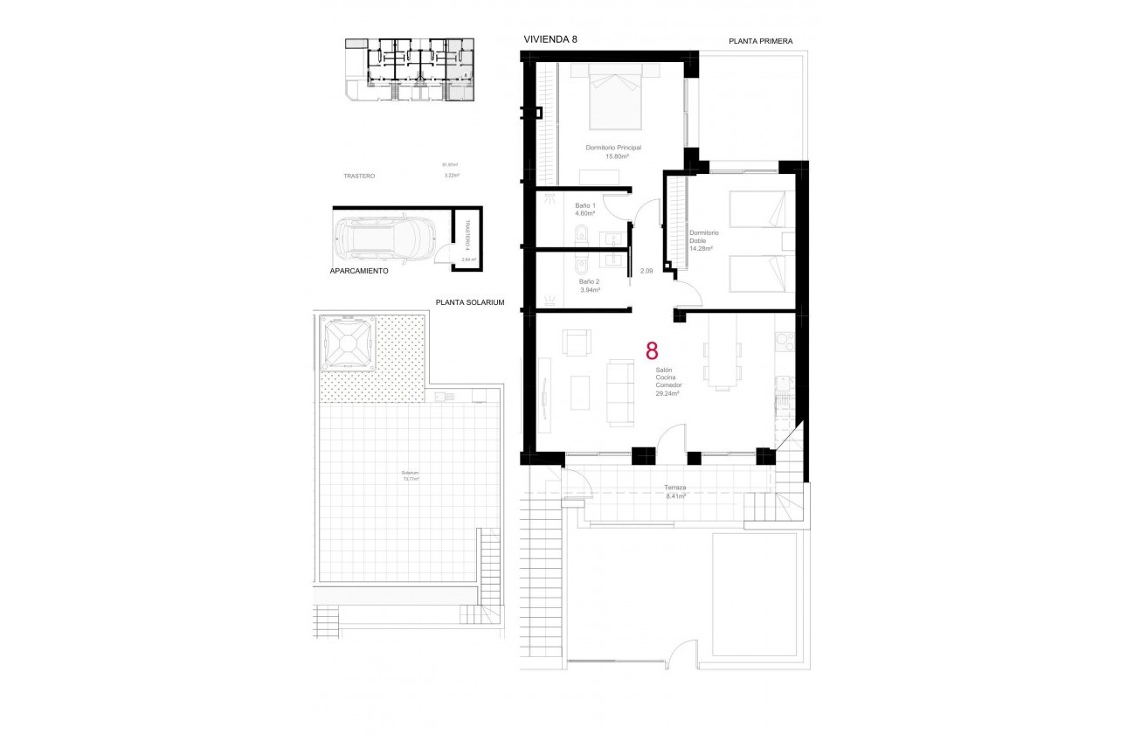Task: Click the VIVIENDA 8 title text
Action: [550, 39]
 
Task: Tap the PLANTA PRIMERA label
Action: [761, 41]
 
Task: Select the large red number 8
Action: [652, 351]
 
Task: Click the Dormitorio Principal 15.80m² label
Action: [613, 152]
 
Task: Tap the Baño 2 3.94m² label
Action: [589, 286]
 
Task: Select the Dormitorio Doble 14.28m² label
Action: [702, 240]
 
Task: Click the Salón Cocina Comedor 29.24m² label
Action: [668, 382]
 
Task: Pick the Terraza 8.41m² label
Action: [674, 492]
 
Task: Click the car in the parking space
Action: [386, 236]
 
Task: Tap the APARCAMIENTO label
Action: [359, 272]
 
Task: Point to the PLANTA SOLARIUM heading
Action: [471, 302]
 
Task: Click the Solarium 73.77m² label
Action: [410, 476]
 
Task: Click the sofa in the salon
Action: [621, 393]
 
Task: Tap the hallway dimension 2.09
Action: [646, 271]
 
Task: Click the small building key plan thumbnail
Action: [408, 70]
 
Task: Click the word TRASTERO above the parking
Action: [359, 176]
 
